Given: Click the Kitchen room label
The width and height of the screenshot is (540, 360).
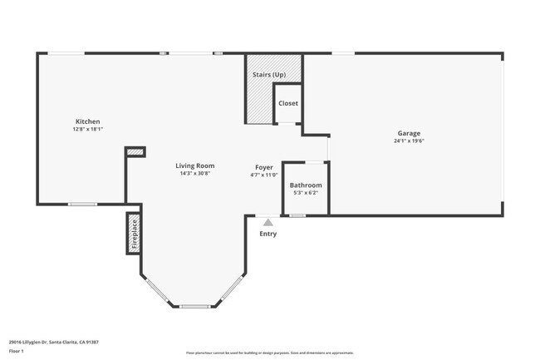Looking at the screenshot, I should pos(87,121).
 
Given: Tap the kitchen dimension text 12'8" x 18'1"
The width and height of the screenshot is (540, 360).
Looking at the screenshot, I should pos(87,130).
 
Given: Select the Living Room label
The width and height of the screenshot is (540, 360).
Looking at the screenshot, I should pos(194,165).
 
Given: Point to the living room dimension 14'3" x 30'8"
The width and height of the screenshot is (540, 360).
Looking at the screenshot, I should pos(194,174).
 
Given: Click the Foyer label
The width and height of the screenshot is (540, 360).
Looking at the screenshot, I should pos(263,167).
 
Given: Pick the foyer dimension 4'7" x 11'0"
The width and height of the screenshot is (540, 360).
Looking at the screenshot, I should pos(263,175).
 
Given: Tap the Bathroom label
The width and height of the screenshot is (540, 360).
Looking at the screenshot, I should pos(305,185).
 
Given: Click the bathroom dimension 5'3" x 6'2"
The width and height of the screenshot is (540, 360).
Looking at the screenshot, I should pos(305,193).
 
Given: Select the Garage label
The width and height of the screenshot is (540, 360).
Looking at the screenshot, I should pos(408,133).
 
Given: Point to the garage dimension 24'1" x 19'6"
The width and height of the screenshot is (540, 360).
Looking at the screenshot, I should pos(408,141).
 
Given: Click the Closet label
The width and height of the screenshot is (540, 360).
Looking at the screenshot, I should pos(287,103).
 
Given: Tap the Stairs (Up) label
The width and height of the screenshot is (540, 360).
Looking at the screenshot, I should pos(268,75).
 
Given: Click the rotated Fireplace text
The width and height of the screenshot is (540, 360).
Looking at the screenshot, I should pos(133,234).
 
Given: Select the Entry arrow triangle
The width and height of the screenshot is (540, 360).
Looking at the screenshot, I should pos(267,222).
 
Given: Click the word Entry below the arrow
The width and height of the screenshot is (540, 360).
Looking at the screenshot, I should pos(267,234).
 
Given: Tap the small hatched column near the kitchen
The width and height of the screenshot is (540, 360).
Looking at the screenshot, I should pos(135,151).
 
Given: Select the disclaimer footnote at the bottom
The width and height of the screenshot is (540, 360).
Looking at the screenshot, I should pos(270,353).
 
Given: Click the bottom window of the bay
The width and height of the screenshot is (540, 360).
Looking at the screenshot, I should pos(193,306).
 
